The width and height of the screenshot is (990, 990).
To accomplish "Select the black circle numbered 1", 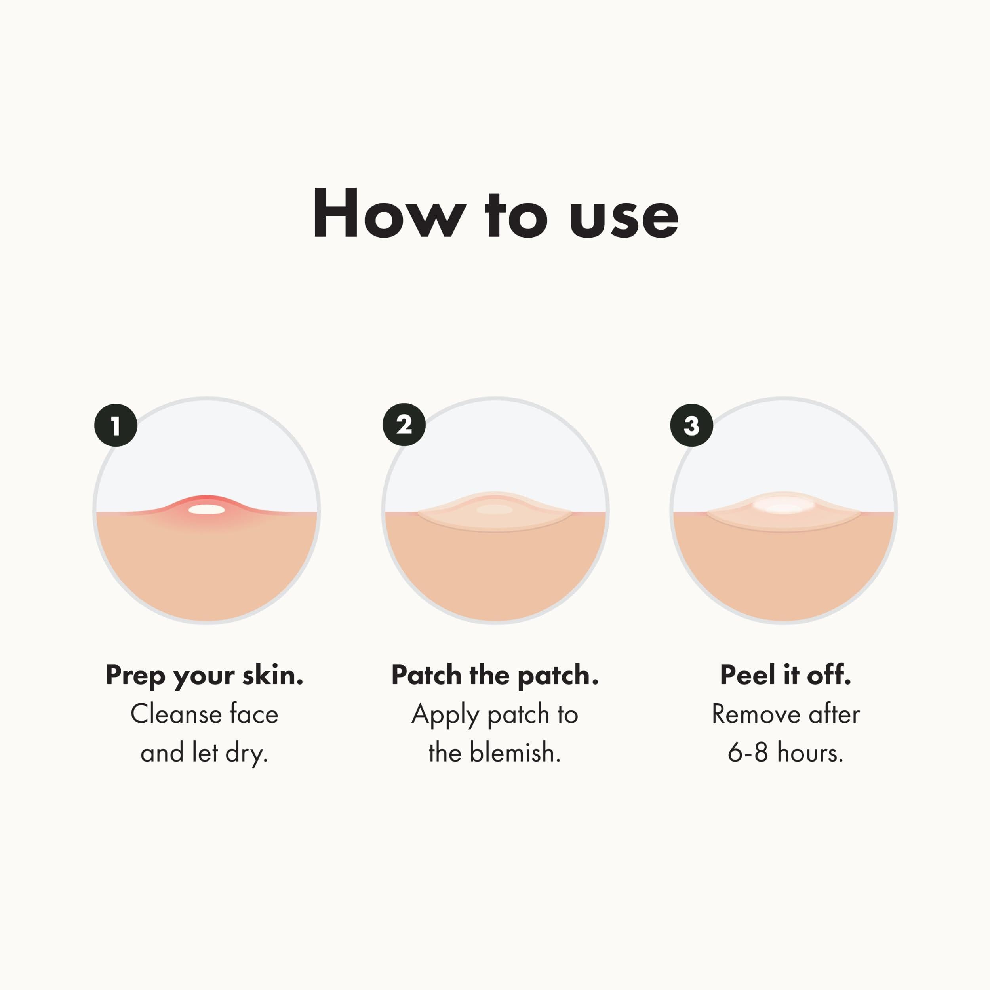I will [115, 425].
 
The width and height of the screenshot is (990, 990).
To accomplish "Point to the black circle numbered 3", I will [691, 425].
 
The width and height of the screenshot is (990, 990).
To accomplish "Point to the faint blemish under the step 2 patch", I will [495, 509].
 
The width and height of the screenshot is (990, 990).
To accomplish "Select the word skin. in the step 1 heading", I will [272, 675].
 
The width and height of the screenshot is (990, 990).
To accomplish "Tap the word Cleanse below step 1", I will [175, 714].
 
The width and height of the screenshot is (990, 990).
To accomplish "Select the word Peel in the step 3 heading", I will [748, 675].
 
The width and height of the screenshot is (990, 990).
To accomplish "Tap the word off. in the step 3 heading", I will [829, 675].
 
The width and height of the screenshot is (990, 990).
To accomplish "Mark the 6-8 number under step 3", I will [748, 753].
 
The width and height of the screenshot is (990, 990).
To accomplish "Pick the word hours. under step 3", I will [810, 753].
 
